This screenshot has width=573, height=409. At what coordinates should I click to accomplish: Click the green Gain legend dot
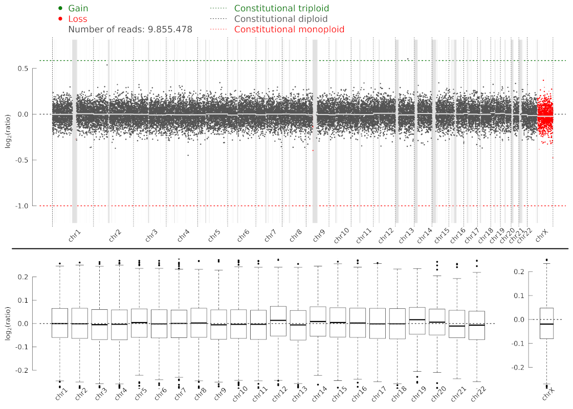pos(60,8)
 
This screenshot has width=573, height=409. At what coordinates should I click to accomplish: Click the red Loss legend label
pos(78,19)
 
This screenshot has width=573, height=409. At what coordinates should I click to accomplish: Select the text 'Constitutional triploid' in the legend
pos(281,9)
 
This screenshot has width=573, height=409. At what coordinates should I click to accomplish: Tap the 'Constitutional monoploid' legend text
pos(289,30)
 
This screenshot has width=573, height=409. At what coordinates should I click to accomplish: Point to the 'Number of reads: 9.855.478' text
pos(130,30)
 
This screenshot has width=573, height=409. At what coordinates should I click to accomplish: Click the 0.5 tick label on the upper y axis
pos(22,69)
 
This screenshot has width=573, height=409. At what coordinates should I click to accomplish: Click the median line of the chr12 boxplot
pos(278,321)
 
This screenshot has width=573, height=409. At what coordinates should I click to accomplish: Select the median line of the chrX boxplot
pos(547,324)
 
